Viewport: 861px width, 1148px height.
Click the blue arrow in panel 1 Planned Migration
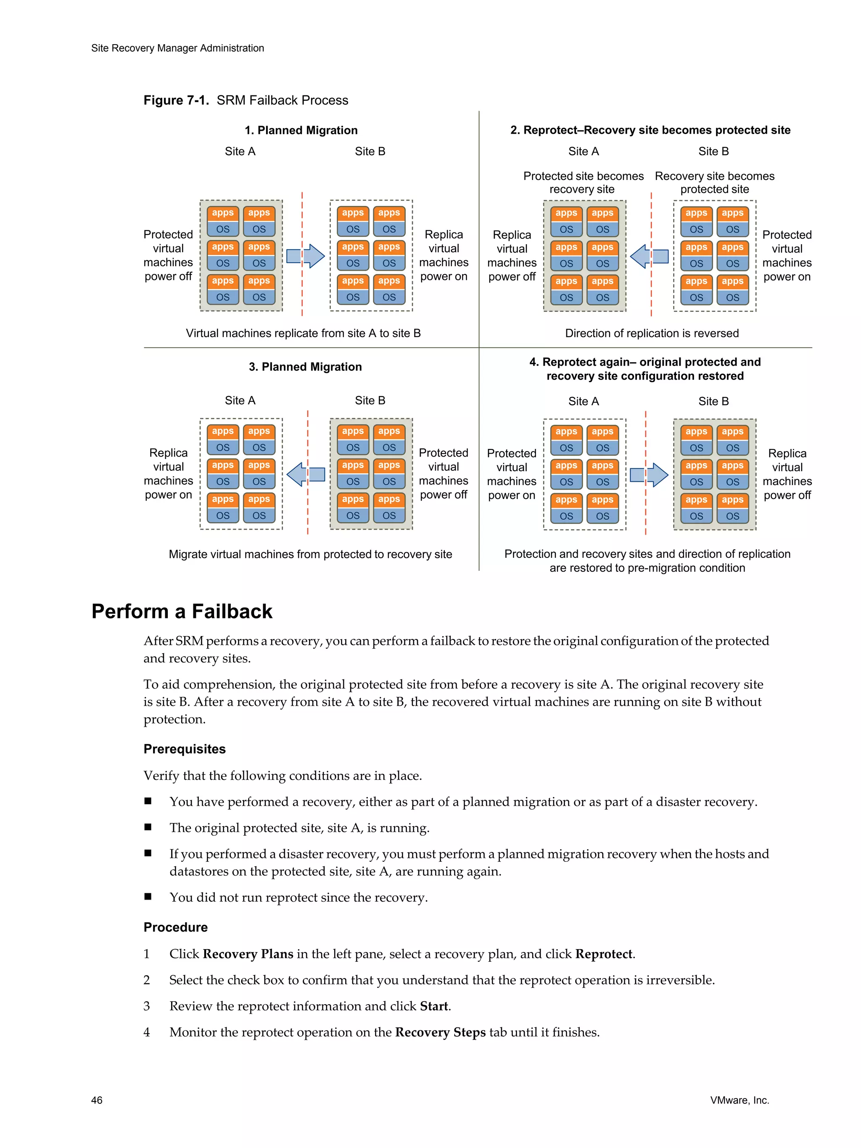[x=306, y=256]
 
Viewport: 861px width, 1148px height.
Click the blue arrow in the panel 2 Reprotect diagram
[x=648, y=256]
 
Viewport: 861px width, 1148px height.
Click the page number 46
[x=97, y=1100]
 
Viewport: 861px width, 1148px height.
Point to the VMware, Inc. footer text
[x=739, y=1100]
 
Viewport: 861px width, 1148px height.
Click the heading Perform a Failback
[x=182, y=611]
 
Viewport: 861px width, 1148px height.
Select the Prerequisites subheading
[x=184, y=749]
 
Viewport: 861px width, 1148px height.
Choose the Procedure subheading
[x=175, y=927]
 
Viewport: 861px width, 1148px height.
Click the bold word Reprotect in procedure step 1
[x=604, y=954]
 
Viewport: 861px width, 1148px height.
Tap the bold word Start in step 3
[x=433, y=1006]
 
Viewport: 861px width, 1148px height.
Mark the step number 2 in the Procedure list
[x=147, y=980]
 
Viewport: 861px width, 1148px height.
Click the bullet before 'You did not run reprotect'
[x=148, y=896]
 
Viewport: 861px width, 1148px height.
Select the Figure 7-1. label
[x=176, y=100]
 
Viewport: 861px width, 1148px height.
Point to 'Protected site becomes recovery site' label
[x=583, y=183]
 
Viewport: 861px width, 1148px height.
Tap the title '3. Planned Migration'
[x=305, y=367]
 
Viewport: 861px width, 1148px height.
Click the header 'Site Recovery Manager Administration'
[x=177, y=48]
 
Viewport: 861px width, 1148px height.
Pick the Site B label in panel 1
[x=370, y=152]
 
